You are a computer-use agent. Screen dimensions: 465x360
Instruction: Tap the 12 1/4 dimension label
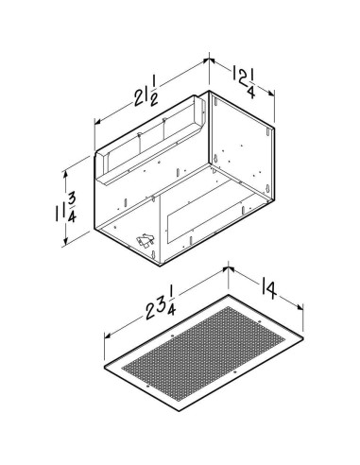click(245, 77)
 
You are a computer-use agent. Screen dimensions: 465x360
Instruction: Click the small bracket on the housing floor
click(144, 241)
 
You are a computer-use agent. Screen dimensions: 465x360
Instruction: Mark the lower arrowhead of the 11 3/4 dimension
click(67, 244)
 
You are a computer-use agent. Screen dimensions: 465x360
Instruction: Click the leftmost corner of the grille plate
click(101, 364)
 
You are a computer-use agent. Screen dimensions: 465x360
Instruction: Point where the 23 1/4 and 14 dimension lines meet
click(227, 270)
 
